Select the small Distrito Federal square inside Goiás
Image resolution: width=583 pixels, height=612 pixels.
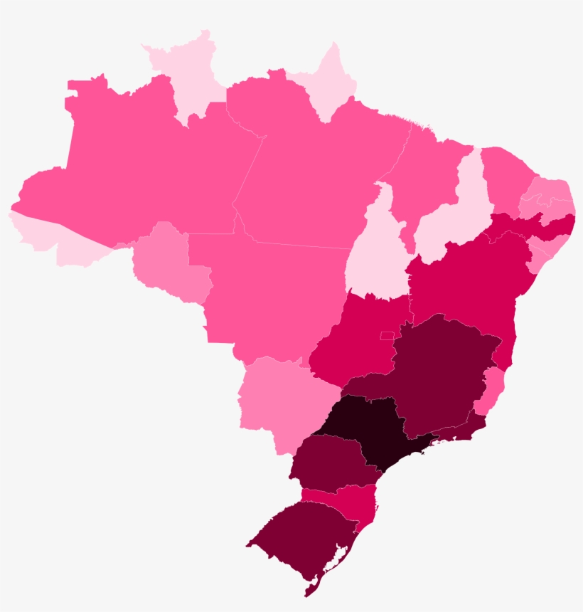coord(387,335)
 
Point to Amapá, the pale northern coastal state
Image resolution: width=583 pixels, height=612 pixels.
coord(327,85)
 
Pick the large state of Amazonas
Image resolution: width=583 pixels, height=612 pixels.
coord(142,171)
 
